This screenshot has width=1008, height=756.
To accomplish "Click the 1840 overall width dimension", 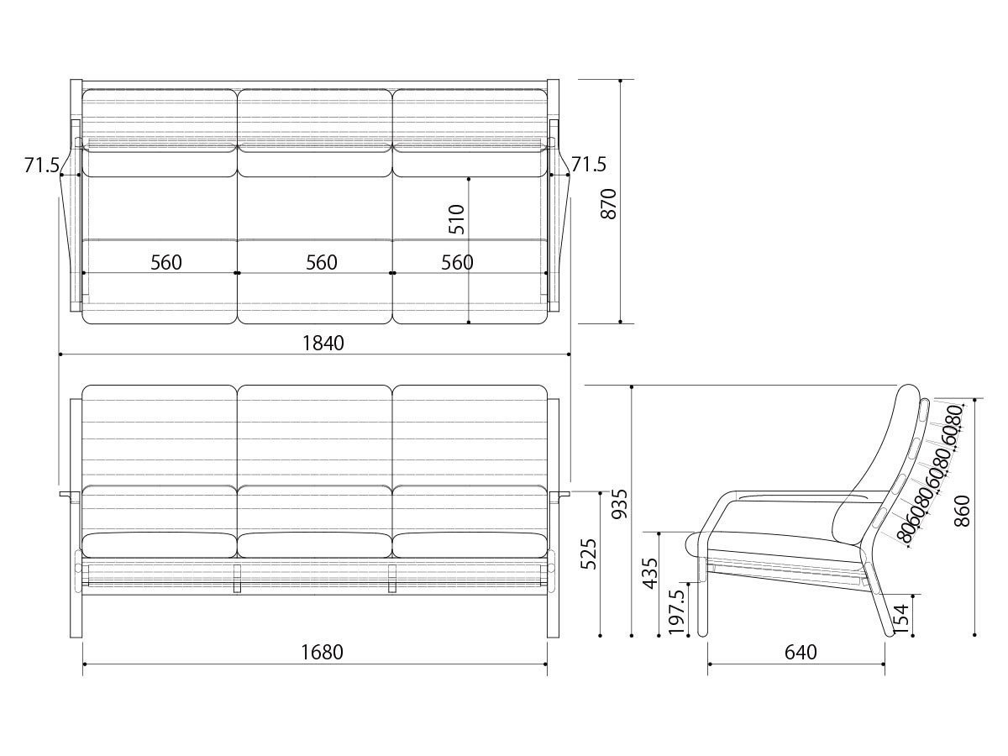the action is point(323,344).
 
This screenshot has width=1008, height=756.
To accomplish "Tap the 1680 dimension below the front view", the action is point(322,653).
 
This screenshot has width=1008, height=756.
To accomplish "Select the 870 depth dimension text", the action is point(608,204).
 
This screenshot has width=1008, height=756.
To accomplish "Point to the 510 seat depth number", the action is point(456,219).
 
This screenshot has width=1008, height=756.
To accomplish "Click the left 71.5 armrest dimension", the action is point(42,165).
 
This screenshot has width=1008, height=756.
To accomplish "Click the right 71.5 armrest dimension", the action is point(589,164).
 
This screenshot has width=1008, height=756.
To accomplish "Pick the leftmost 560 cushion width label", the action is point(166,262).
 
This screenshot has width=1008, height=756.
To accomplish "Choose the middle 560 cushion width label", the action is point(322,262).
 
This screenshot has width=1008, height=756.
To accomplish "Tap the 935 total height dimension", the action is point(620,504).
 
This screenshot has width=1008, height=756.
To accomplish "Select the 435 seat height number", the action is point(650,574).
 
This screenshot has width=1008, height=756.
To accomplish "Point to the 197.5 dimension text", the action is point(676,612).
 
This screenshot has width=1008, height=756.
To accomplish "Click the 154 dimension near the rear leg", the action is point(901,619).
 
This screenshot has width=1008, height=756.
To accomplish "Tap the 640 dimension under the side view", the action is point(801,653).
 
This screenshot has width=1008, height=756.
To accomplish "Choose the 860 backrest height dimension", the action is point(962,511).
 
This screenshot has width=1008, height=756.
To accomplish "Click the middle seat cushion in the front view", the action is point(314,545).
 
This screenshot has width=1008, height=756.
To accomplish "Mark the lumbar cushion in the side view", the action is point(854,518).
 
